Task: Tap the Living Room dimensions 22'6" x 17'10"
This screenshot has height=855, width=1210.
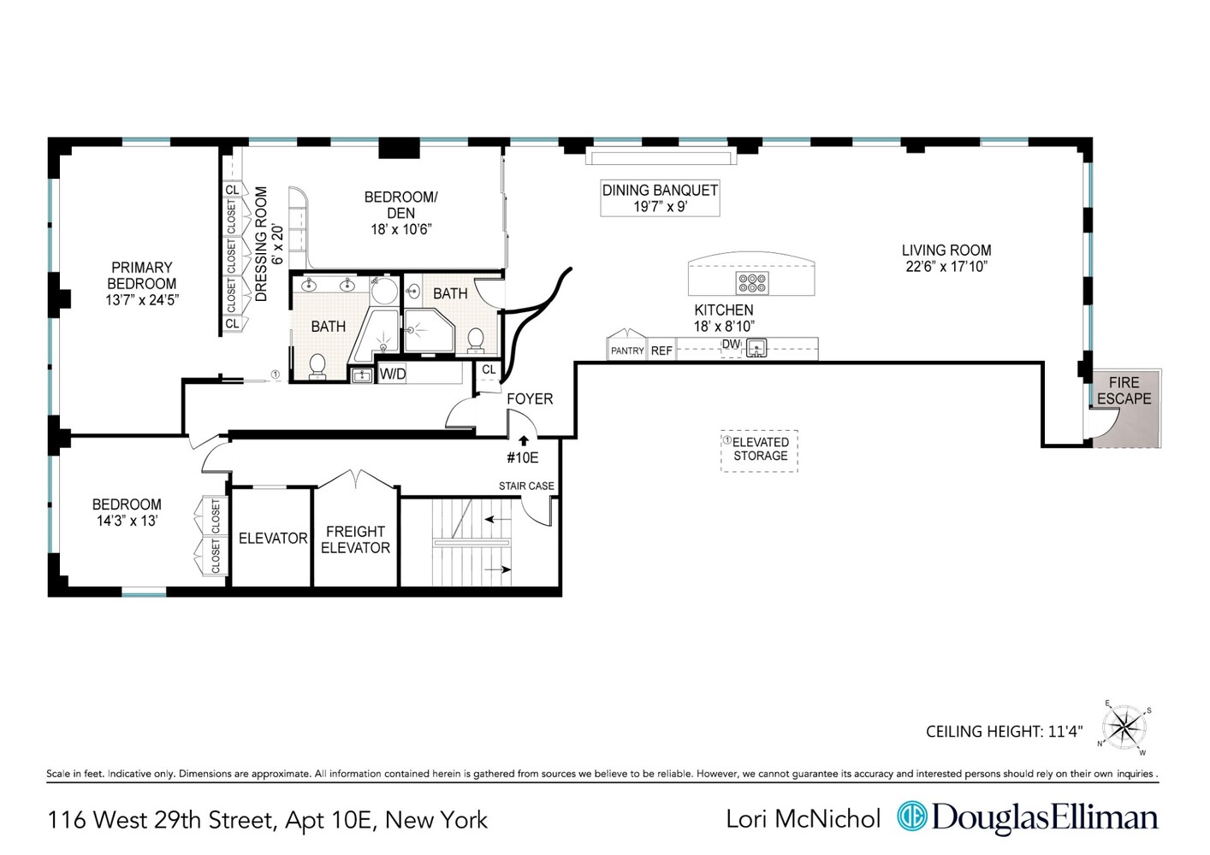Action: (x=946, y=267)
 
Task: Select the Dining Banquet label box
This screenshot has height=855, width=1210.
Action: (x=660, y=198)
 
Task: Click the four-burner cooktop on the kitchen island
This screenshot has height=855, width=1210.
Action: (x=752, y=283)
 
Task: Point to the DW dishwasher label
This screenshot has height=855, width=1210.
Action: (x=731, y=345)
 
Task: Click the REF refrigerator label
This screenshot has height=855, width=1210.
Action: (x=661, y=351)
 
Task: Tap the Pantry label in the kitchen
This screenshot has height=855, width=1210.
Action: (x=627, y=351)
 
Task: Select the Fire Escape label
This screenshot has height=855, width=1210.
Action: (x=1124, y=391)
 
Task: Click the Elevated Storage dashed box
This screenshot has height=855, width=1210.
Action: (x=760, y=450)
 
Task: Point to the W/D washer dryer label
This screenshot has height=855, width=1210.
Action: (x=393, y=374)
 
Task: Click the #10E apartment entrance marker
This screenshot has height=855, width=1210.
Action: (x=523, y=457)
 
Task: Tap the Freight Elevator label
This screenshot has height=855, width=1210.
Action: (x=355, y=540)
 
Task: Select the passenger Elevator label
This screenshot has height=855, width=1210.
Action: (x=273, y=539)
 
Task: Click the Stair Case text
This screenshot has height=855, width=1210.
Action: (x=526, y=486)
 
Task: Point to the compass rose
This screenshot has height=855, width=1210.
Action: (x=1124, y=728)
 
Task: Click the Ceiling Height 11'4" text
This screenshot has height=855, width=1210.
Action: (x=1004, y=732)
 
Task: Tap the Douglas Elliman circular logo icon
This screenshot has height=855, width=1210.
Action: (x=912, y=817)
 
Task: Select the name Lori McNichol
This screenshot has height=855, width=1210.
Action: (x=803, y=819)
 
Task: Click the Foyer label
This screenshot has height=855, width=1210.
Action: (x=530, y=399)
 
